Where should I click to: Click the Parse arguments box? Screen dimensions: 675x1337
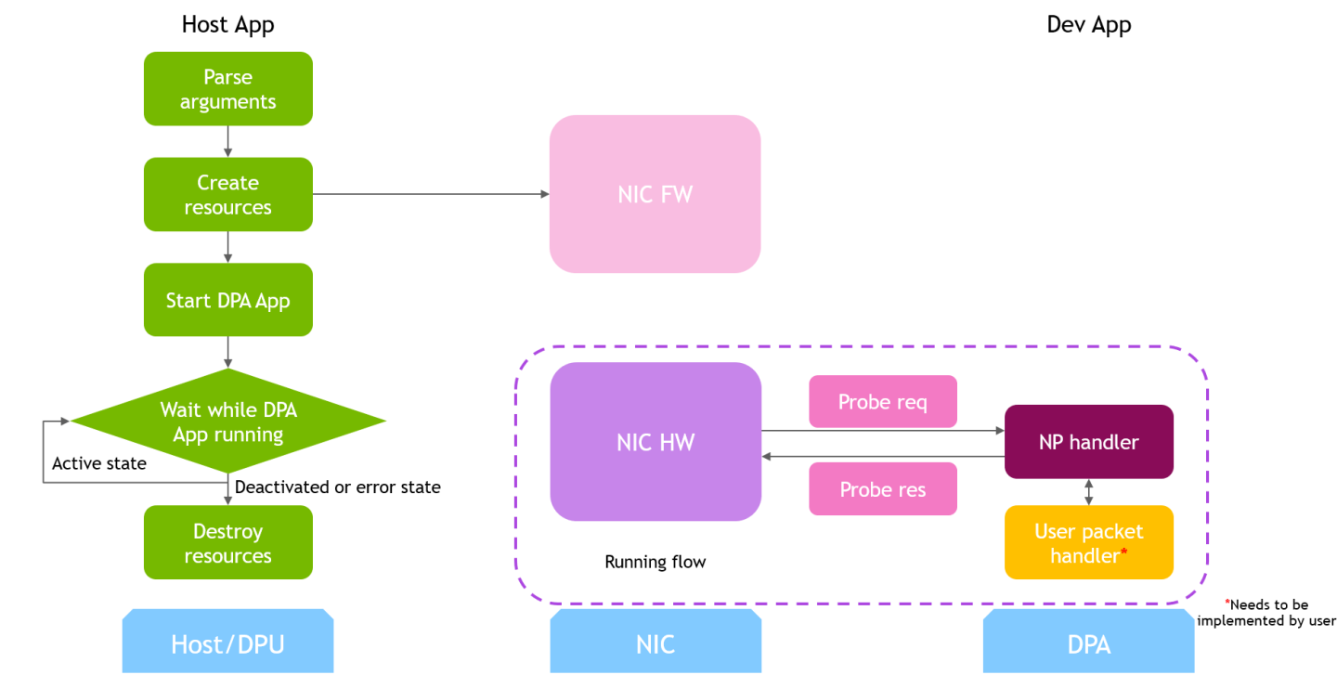(227, 89)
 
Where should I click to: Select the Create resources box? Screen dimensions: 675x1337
(227, 195)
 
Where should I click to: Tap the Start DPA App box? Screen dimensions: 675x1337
(227, 301)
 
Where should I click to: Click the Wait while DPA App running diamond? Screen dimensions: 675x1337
(227, 422)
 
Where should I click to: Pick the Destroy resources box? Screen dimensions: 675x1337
(227, 543)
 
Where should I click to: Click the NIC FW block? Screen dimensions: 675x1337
(655, 194)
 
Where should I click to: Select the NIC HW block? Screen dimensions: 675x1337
(655, 442)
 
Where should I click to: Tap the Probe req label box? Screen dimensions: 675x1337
(882, 402)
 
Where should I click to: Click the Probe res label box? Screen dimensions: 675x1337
(882, 489)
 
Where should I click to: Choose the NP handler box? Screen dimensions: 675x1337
(1088, 442)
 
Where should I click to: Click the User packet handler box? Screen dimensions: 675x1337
(1088, 543)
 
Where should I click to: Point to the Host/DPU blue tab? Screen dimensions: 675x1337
(227, 643)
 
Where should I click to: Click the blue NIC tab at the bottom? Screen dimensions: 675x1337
(655, 643)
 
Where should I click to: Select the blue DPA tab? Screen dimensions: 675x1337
(1088, 643)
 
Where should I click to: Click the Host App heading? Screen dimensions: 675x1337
(227, 25)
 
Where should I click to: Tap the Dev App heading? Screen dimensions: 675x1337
(1088, 25)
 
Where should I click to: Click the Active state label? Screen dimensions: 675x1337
(99, 463)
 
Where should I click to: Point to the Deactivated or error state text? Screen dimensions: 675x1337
(338, 487)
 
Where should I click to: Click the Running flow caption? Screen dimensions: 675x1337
(655, 562)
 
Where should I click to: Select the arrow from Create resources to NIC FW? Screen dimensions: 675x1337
(431, 194)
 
